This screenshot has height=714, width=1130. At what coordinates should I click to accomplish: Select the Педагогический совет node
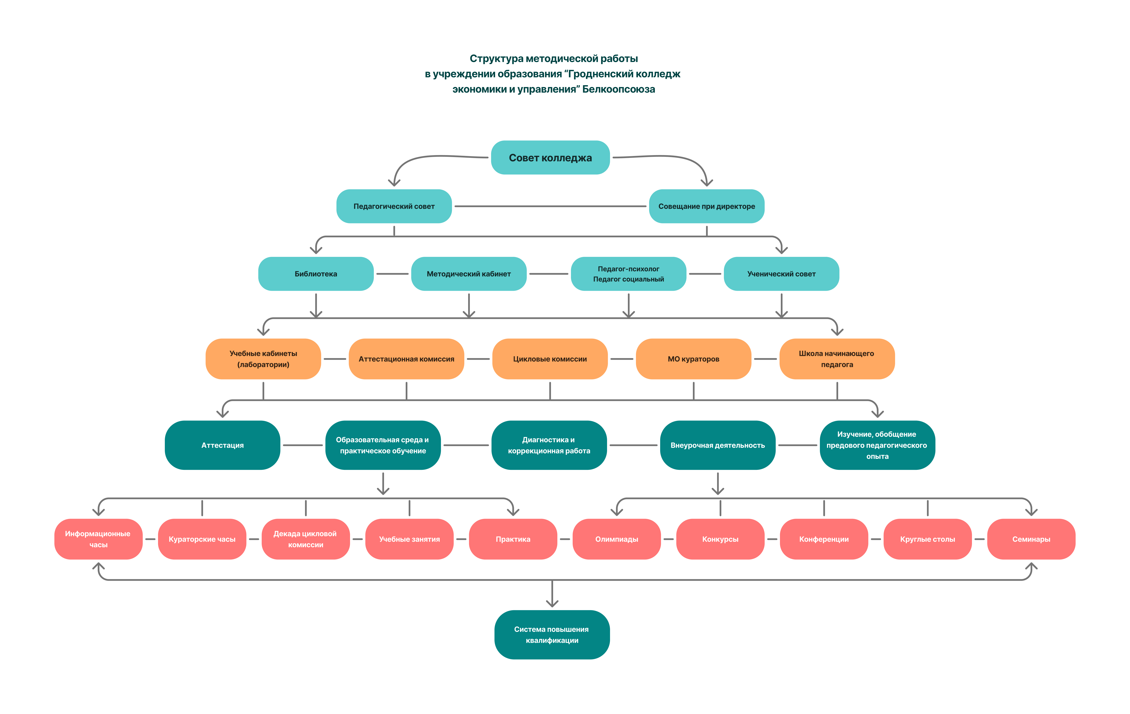[x=394, y=206]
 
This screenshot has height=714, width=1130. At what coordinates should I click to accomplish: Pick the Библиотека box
[x=316, y=274]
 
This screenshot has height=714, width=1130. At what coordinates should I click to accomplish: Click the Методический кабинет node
[x=469, y=274]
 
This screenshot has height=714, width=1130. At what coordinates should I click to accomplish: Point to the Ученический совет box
[x=781, y=274]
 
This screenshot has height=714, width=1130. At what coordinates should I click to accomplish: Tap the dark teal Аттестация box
[x=222, y=445]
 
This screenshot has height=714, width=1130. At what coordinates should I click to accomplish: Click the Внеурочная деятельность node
[x=718, y=445]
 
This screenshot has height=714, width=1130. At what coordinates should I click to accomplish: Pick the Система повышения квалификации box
[x=552, y=635]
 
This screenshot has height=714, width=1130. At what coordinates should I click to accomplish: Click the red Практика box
[x=513, y=539]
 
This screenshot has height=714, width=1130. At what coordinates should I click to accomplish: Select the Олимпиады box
[x=617, y=539]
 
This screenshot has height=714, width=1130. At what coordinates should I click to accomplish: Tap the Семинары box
[x=1031, y=539]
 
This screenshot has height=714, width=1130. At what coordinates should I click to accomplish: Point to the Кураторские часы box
[x=202, y=539]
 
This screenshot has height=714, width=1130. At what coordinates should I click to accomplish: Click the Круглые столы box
[x=927, y=539]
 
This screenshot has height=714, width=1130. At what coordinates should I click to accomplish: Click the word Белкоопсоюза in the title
[x=619, y=89]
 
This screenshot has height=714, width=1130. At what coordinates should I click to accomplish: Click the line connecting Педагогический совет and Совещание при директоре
[x=551, y=206]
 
